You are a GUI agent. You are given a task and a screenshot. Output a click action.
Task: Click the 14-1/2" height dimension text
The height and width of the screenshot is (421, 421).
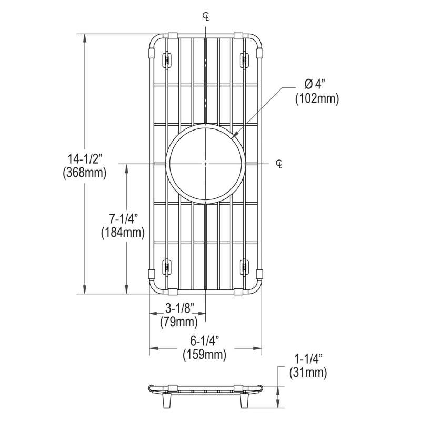85,159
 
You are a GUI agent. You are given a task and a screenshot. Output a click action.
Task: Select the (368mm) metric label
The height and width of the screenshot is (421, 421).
85,173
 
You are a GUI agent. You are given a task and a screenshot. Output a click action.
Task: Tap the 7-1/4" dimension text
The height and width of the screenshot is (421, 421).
124,219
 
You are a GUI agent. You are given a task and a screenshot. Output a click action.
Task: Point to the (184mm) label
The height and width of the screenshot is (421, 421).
123,233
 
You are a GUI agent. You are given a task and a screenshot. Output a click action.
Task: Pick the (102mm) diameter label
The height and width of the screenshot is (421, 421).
317,99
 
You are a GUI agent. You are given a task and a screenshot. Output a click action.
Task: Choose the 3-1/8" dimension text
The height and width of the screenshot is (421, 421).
179,309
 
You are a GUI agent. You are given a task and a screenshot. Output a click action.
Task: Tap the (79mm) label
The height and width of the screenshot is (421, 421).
179,322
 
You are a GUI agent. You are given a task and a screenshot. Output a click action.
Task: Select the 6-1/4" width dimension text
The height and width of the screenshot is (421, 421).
205,341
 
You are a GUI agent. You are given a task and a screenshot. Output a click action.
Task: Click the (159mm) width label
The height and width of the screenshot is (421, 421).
205,355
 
